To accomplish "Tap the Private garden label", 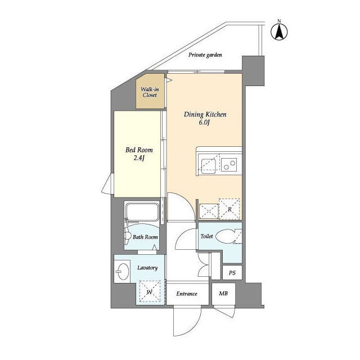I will pos(205,55).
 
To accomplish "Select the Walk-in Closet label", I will pos(149,92).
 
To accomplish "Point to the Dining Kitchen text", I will pos(205,115).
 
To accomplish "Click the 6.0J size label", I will pos(205,124).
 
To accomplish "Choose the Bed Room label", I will pos(139,150).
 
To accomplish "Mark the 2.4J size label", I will pos(139,159).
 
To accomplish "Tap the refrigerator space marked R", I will pos(229,209).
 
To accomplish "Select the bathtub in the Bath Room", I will pos(142,212).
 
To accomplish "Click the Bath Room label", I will pos(145,237).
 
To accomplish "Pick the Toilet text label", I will pos(206,237).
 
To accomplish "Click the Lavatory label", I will pos(147,268).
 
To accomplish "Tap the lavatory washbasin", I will pos(121,274).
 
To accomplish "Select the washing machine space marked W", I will pos(150,292).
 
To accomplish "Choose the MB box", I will pos(223,294).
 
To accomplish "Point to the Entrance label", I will pos(187,294).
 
